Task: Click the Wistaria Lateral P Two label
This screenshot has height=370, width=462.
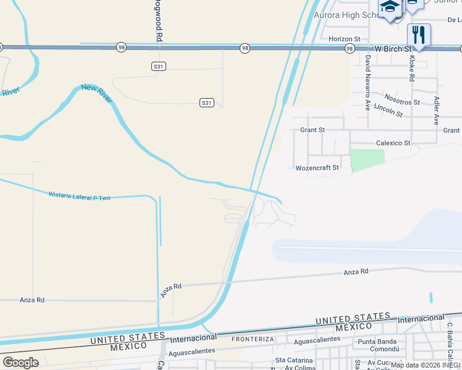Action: [79, 195]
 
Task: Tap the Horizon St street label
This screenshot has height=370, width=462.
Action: [345, 39]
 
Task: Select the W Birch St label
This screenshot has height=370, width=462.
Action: [393, 48]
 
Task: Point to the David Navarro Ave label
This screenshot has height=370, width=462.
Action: [367, 83]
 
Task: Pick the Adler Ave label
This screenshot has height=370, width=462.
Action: [437, 110]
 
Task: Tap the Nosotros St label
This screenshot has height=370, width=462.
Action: [401, 99]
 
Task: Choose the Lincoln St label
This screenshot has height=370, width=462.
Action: [388, 112]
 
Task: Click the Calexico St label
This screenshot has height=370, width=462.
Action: [393, 143]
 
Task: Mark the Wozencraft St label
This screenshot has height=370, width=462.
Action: [317, 168]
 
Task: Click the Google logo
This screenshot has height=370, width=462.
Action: [20, 362]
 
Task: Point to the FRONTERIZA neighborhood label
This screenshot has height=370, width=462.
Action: [252, 339]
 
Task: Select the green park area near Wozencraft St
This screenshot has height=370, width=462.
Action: [367, 160]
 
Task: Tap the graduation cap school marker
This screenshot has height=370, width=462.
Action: [390, 7]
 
